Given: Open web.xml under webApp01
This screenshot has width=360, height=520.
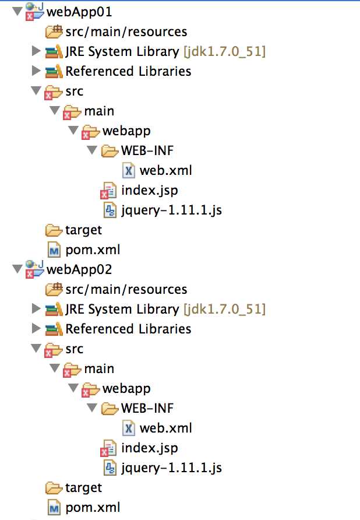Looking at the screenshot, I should point(165,170).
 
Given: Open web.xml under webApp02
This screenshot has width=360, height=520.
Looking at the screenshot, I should point(165,428).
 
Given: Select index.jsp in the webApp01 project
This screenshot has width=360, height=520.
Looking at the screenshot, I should point(149,190).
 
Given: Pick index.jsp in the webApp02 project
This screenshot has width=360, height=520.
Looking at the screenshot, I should point(149,448).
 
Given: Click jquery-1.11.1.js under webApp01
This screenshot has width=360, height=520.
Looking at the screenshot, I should point(171,210).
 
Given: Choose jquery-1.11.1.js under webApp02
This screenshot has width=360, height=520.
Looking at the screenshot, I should point(171,468).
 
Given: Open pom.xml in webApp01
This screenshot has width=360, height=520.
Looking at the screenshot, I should point(93,250).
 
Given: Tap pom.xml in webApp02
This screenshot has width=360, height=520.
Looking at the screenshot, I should point(93,507).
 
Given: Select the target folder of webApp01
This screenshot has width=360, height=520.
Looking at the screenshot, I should point(83,230).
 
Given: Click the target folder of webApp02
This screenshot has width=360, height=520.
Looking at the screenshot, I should point(83,487).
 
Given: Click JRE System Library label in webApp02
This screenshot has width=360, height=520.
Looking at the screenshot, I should point(122,309).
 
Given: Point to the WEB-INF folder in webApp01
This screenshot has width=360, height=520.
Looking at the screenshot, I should point(147,150).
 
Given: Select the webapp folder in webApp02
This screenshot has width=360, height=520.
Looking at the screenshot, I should point(126,388).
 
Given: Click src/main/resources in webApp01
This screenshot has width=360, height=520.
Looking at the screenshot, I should point(126,31).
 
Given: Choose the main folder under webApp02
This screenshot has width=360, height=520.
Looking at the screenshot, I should point(99,368).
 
